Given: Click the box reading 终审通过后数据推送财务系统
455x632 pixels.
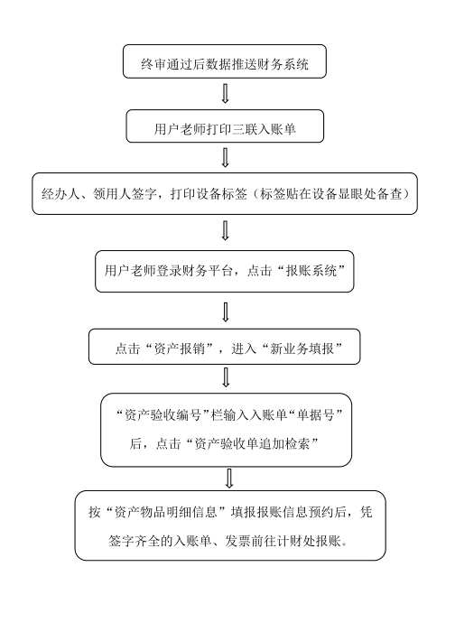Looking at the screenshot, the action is (225, 61).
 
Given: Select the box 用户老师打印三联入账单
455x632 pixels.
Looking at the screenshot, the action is (225, 126).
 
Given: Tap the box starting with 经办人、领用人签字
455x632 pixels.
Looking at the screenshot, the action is (225, 194).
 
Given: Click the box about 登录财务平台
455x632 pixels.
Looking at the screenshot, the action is (225, 271).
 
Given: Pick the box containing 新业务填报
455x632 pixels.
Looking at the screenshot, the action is (225, 347).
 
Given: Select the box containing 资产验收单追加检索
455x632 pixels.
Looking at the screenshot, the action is (226, 430).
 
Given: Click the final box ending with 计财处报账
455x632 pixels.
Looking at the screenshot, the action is (230, 525).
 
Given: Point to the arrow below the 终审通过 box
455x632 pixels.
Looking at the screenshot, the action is (226, 94).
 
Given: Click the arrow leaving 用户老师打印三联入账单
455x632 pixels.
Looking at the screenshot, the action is (226, 158).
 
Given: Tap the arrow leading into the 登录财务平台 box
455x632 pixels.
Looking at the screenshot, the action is (226, 231).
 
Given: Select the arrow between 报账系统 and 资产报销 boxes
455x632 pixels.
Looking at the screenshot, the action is (226, 312).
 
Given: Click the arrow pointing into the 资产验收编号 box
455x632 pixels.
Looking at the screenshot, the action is (226, 377).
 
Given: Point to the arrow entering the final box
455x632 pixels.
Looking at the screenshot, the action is (229, 479).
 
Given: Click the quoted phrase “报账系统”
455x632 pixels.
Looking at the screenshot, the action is (311, 271).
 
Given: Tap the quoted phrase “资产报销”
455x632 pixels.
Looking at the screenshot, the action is (180, 349).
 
